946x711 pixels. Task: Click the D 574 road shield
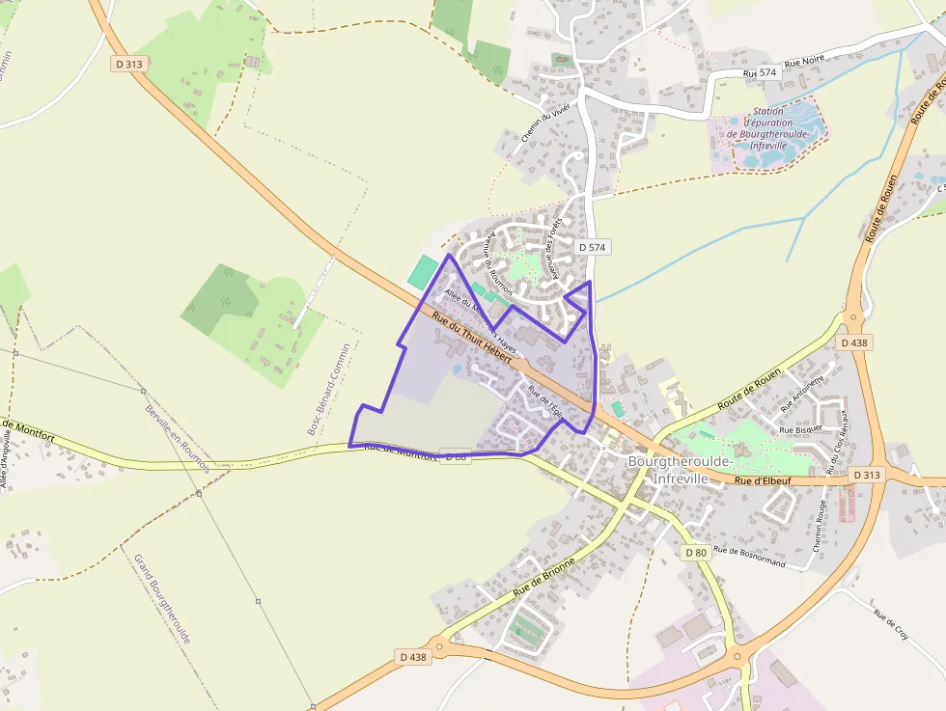coord(594,248)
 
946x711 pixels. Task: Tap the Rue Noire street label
coord(805,60)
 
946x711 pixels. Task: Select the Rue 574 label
coord(761,73)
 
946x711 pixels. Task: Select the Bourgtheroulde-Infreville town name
coord(681,469)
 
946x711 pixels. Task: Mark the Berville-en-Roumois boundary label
coord(178,437)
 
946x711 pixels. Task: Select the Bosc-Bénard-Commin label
coord(329,389)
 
